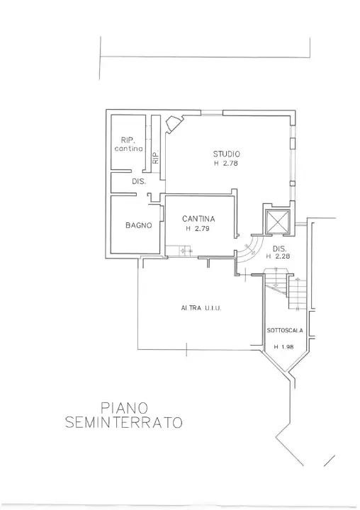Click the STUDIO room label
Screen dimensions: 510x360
coord(227,154)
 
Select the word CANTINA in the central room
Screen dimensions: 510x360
coord(198,219)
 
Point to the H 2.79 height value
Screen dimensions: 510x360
coord(198,229)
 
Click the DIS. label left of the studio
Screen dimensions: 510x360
coord(138,182)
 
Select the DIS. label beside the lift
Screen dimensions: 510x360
coord(279,248)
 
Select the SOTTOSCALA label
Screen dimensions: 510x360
coord(285,331)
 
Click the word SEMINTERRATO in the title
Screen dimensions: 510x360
coord(123,423)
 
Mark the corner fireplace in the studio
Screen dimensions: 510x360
coord(173,125)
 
